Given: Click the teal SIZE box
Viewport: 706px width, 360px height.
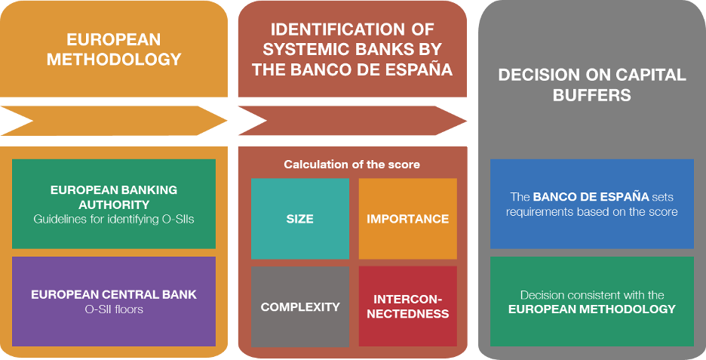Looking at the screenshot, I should (x=300, y=219).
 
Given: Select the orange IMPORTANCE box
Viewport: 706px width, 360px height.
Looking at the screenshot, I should (x=407, y=219).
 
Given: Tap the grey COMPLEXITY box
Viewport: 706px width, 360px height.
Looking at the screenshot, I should (x=300, y=306).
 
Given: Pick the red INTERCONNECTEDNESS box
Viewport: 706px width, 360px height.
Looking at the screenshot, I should (x=407, y=306).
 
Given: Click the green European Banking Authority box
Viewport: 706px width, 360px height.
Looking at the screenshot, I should (x=114, y=204).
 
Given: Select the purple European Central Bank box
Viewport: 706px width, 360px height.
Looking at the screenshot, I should (x=114, y=301).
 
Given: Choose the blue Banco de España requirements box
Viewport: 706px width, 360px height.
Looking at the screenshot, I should (x=591, y=204).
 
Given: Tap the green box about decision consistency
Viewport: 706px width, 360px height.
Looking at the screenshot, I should (x=591, y=301).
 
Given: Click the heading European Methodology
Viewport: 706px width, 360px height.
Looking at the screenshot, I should (x=114, y=50).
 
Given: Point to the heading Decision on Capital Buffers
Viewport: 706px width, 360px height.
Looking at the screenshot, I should (x=591, y=85).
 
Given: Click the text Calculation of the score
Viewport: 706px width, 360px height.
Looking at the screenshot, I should (x=351, y=165).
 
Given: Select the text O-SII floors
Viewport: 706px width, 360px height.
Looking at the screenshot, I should (x=114, y=309).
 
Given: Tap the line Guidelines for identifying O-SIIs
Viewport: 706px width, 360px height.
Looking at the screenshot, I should (x=114, y=219).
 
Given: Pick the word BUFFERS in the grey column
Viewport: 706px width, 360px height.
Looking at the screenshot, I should (x=591, y=96).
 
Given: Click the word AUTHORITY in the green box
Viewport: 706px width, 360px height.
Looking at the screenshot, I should (x=114, y=205).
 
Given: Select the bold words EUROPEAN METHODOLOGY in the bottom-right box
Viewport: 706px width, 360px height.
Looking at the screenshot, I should (x=591, y=309).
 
